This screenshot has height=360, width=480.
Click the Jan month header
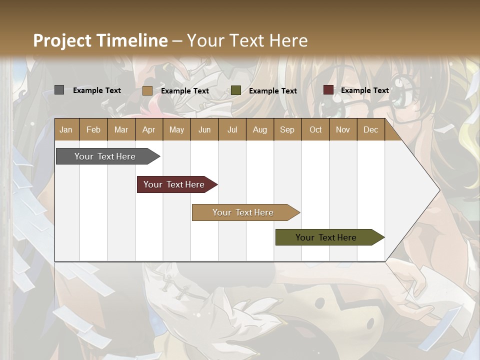coord(66,129)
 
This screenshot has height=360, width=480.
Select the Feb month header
coord(93,129)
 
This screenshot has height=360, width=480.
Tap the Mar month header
coord(121,129)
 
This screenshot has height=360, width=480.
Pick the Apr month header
coord(149,129)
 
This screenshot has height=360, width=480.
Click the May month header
coord(176,129)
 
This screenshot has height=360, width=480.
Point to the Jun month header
coord(204,129)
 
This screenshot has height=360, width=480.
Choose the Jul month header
coord(232,129)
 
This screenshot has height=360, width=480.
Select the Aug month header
coord(260,129)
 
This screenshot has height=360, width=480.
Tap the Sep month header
coord(287,129)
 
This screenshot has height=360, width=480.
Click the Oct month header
coord(315,129)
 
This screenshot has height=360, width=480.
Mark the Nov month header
coord(343,129)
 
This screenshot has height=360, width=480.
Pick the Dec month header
coord(371,129)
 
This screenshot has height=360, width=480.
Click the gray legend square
coord(59,90)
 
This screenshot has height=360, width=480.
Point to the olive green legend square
coord(236,90)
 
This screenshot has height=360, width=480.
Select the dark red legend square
coord(328,90)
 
